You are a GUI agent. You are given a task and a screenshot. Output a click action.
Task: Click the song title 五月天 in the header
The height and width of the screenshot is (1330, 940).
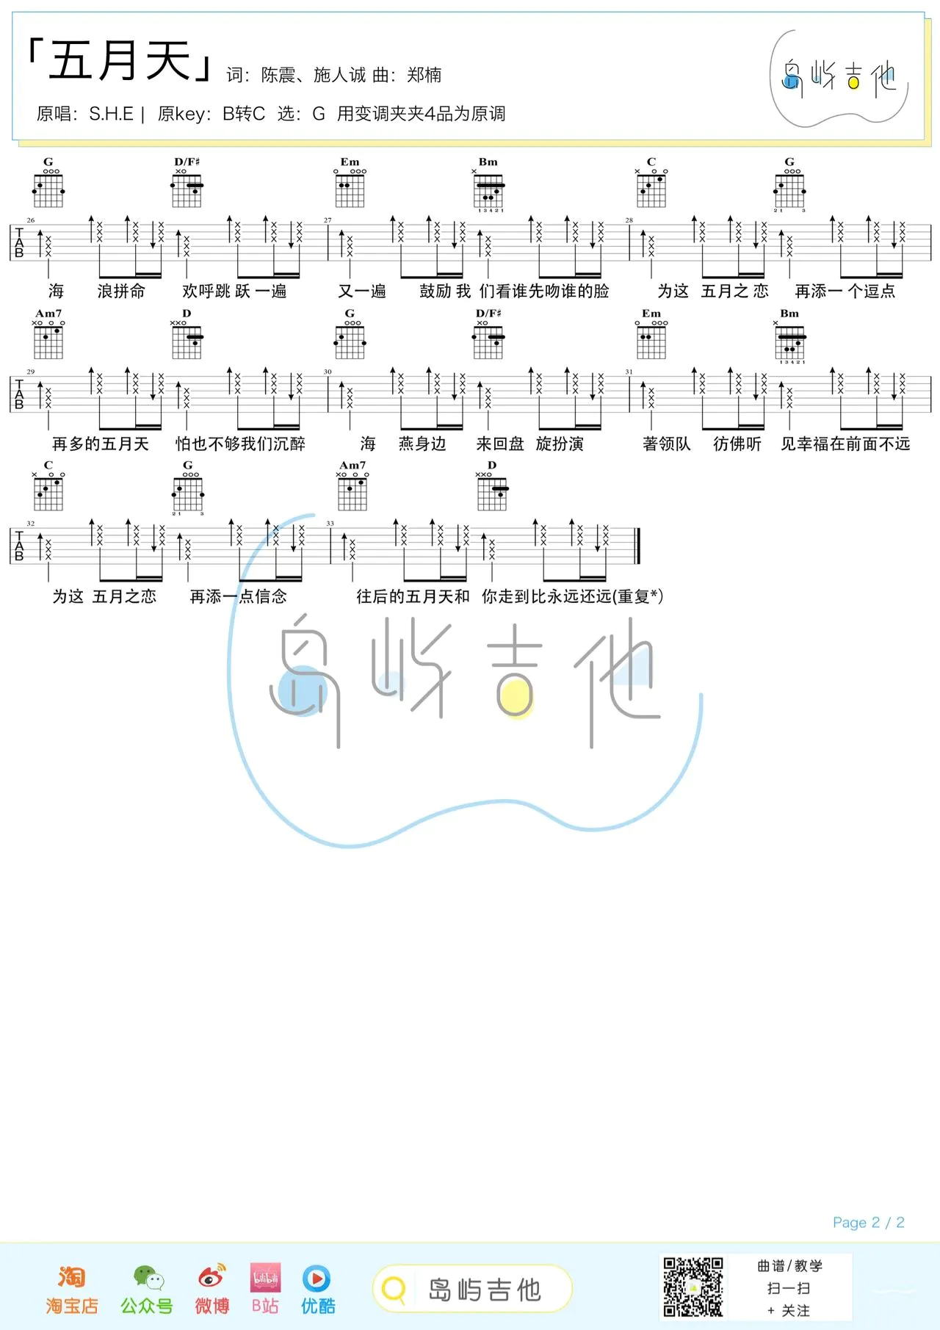click(120, 60)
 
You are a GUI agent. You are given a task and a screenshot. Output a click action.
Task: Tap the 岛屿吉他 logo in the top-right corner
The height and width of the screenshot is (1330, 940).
click(839, 77)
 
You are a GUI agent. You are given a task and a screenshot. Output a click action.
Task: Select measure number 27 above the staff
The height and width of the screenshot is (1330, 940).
click(328, 220)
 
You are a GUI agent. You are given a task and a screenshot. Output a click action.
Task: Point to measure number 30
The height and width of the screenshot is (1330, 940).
click(328, 372)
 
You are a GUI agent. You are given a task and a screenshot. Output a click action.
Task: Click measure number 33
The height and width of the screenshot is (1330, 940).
click(330, 524)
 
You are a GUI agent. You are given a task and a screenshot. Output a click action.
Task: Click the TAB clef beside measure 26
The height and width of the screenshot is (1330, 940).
click(19, 243)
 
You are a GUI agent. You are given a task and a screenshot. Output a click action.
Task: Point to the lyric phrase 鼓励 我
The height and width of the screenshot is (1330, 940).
click(445, 292)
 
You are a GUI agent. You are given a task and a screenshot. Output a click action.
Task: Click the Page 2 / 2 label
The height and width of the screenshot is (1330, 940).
click(868, 1223)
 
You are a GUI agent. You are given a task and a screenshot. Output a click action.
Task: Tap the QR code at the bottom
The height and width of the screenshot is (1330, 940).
click(693, 1287)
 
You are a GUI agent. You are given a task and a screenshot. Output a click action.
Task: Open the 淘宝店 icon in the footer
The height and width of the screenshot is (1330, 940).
click(72, 1279)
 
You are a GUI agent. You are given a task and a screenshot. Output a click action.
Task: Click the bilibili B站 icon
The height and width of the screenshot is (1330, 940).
click(265, 1279)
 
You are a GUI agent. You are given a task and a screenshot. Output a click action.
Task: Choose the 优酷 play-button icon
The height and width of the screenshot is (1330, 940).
click(317, 1279)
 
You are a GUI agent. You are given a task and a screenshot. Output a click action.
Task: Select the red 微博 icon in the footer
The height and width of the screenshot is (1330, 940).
click(211, 1279)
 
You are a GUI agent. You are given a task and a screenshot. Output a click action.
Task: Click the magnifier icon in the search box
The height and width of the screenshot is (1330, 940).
click(394, 1290)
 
